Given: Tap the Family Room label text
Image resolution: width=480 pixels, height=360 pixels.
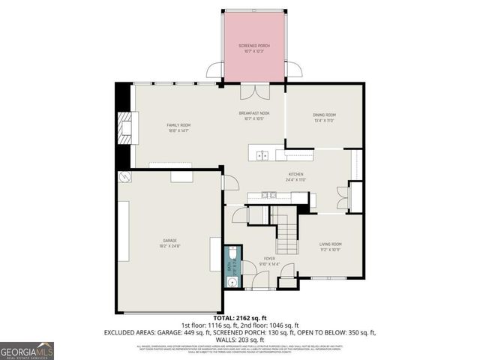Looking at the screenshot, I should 178,127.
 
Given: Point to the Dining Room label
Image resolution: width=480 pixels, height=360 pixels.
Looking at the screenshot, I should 323,117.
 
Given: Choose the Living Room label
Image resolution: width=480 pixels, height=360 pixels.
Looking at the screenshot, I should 331,247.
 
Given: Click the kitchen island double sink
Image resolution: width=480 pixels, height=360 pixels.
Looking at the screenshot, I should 262,156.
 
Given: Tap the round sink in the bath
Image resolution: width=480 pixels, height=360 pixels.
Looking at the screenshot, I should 232,283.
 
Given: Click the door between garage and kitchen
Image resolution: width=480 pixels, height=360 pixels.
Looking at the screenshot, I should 231,181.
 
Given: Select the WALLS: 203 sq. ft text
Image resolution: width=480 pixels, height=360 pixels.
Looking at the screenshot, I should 240,338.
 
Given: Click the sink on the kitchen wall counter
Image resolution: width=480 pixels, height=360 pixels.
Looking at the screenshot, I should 271,196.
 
